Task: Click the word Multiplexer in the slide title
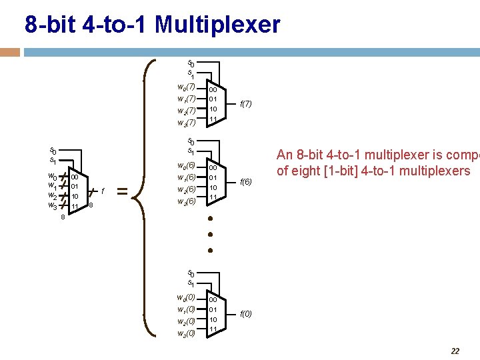218,25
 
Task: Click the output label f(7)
245,104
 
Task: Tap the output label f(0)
245,314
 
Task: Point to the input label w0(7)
186,87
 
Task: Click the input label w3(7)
186,123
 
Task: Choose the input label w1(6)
186,177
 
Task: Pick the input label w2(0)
186,321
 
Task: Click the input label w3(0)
186,333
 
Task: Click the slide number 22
455,351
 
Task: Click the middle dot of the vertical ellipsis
209,235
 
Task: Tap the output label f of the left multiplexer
103,191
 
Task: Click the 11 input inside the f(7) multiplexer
213,119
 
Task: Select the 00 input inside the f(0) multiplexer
213,300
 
